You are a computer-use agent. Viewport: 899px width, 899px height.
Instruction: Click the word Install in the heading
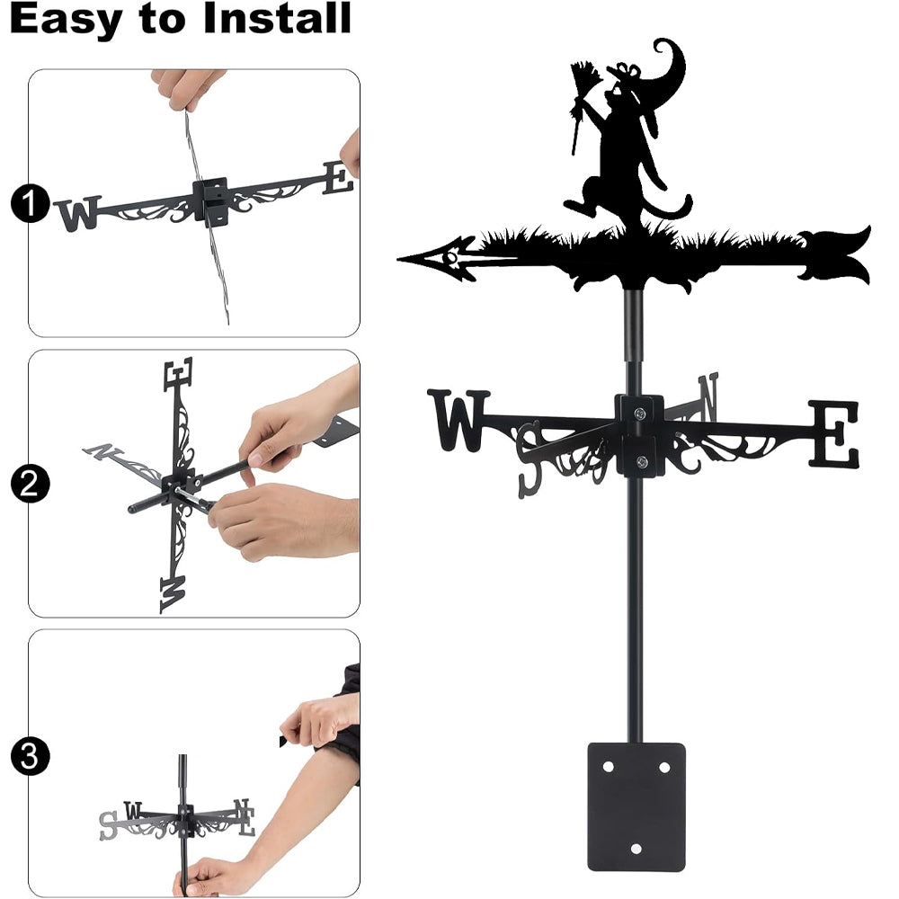click(x=276, y=18)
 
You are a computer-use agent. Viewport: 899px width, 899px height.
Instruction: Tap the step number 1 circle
click(x=30, y=203)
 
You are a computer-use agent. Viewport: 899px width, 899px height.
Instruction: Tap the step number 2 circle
click(x=30, y=484)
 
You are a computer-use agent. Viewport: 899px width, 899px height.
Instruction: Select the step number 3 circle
click(x=30, y=756)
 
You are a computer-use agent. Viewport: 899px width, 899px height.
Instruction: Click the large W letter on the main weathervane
click(x=458, y=420)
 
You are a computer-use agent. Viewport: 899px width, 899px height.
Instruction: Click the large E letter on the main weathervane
click(x=835, y=433)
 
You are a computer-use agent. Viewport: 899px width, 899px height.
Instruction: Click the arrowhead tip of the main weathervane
click(x=398, y=260)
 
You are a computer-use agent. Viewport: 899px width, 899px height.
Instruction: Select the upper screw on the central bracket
click(x=640, y=413)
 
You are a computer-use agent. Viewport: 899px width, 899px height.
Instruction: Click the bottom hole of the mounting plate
click(x=636, y=849)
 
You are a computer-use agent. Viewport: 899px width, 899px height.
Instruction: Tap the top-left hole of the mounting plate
click(x=609, y=767)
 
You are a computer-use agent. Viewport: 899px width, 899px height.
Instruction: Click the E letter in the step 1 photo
click(x=338, y=178)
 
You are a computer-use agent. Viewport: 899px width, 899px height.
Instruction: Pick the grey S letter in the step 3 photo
click(x=108, y=825)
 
